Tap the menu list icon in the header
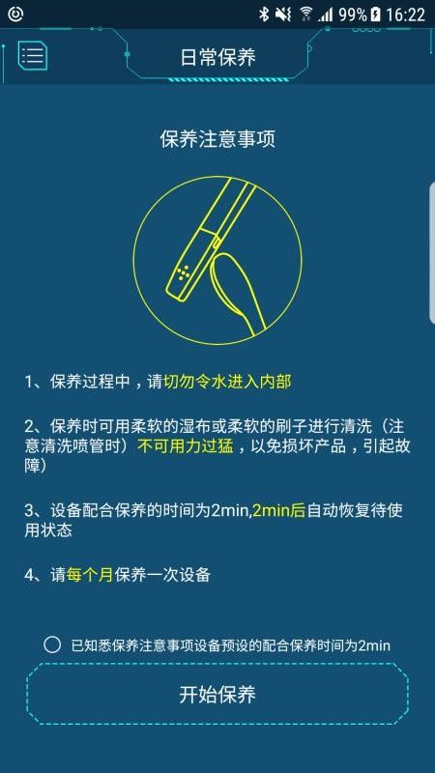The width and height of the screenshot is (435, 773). pos(33,54)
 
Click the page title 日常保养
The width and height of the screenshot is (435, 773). pos(217,58)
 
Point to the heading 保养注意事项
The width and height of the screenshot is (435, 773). pos(217,139)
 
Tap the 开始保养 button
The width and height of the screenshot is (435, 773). pos(217,694)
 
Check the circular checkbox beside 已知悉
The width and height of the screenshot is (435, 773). pos(52,644)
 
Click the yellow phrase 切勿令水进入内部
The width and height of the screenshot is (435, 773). pos(227,382)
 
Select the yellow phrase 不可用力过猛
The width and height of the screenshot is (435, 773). pos(185,446)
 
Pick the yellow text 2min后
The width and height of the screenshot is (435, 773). pos(278,510)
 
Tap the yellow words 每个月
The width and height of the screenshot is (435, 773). pos(90,574)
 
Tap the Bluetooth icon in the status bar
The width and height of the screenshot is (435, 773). pos(264,14)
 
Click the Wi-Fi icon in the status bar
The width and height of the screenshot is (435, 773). pos(306,14)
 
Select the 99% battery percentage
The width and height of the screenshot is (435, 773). pos(352,14)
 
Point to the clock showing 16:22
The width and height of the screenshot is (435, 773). pos(405,14)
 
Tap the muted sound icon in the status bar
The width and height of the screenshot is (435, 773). pos(283,14)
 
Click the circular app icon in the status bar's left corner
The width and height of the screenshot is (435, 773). pos(15,14)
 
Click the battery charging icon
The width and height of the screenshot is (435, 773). pos(376,14)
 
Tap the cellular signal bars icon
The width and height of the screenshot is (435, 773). pos(325,14)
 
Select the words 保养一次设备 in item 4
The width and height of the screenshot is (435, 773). pos(162,574)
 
